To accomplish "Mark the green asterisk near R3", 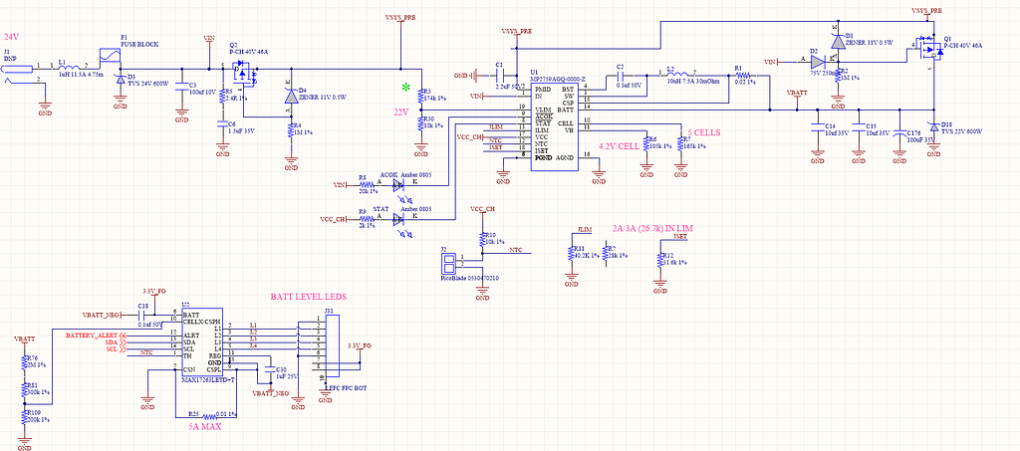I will pyautogui.click(x=404, y=88).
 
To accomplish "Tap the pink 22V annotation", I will pyautogui.click(x=401, y=112).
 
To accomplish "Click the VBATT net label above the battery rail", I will pyautogui.click(x=797, y=93).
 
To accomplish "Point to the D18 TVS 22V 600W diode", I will pyautogui.click(x=933, y=127).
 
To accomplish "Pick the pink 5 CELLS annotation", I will pyautogui.click(x=703, y=131).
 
